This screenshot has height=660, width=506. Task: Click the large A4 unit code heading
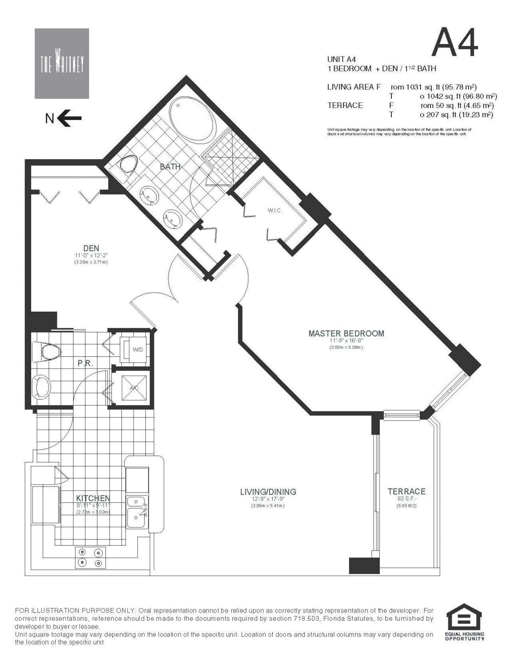[455, 42]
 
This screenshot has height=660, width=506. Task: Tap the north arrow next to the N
[70, 118]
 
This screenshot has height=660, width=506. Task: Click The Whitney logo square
[62, 63]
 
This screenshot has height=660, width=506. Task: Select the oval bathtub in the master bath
[193, 118]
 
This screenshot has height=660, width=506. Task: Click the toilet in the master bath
[128, 164]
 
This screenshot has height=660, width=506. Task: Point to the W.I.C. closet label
[275, 211]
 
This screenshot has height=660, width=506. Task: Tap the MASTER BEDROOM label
[346, 333]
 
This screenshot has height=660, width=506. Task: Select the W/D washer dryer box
[137, 349]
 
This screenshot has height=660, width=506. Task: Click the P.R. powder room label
[85, 363]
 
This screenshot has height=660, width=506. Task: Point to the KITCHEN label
[93, 498]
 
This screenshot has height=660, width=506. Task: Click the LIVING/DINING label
[268, 492]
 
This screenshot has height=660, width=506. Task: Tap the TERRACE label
[406, 491]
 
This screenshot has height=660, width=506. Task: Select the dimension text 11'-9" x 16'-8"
[346, 341]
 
